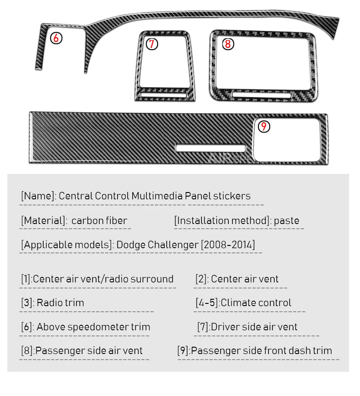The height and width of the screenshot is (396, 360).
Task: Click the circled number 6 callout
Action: coord(56,38)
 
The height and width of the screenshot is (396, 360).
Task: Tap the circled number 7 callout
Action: coord(152,44)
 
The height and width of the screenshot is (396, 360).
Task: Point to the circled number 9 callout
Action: coord(264,126)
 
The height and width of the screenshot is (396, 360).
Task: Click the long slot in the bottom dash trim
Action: coord(211,148)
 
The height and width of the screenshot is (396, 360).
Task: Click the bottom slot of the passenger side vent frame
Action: coord(261,94)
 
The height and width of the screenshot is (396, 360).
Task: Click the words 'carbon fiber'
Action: coord(99,221)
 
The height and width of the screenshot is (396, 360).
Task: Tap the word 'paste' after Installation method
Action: coord(287,221)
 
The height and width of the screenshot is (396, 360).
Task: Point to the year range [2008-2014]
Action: coord(228,245)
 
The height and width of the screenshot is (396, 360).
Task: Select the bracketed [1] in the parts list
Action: coord(26,279)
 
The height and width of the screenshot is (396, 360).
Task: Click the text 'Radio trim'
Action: coord(60,302)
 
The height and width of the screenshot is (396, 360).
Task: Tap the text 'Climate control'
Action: coord(256,302)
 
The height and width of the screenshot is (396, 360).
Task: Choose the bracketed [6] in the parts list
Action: coord(26,327)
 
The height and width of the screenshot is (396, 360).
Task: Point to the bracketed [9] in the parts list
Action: coord(183,350)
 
